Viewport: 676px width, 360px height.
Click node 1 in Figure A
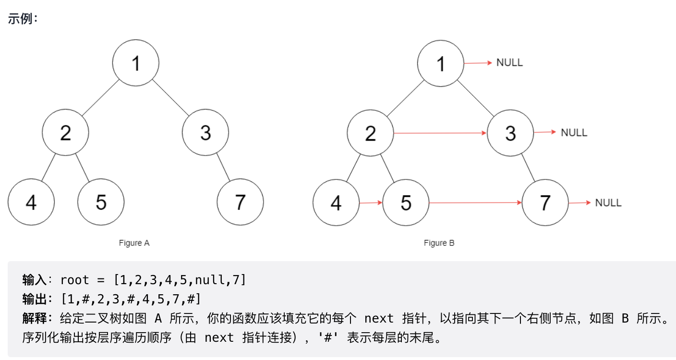pos(136,63)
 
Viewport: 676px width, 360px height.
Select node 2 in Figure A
pos(66,132)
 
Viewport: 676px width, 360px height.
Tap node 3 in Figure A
pos(205,132)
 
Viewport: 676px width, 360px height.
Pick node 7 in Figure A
pos(240,203)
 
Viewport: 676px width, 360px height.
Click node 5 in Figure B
pos(406,203)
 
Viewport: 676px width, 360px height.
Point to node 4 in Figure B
pos(336,203)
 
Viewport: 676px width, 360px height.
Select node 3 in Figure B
pos(510,132)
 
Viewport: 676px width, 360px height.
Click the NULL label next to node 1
pos(509,63)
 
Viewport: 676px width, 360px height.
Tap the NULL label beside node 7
pos(608,203)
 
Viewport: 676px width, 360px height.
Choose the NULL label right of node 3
pos(574,132)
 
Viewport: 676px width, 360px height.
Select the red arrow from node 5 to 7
pos(475,203)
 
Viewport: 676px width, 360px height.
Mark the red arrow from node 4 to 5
pos(371,203)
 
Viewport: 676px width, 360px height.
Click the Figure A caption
pos(134,243)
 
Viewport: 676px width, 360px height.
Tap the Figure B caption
pos(439,243)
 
